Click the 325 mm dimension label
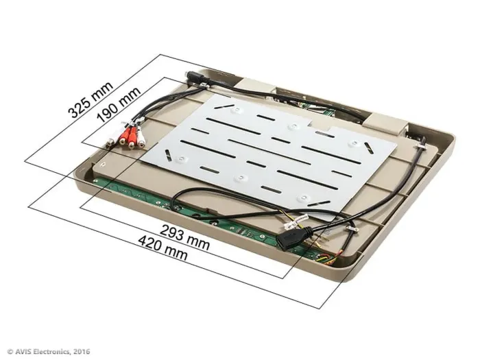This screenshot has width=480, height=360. pos(90,100)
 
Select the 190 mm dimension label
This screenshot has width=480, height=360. pos(119,104)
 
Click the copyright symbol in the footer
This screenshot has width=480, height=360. pos(10,352)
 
